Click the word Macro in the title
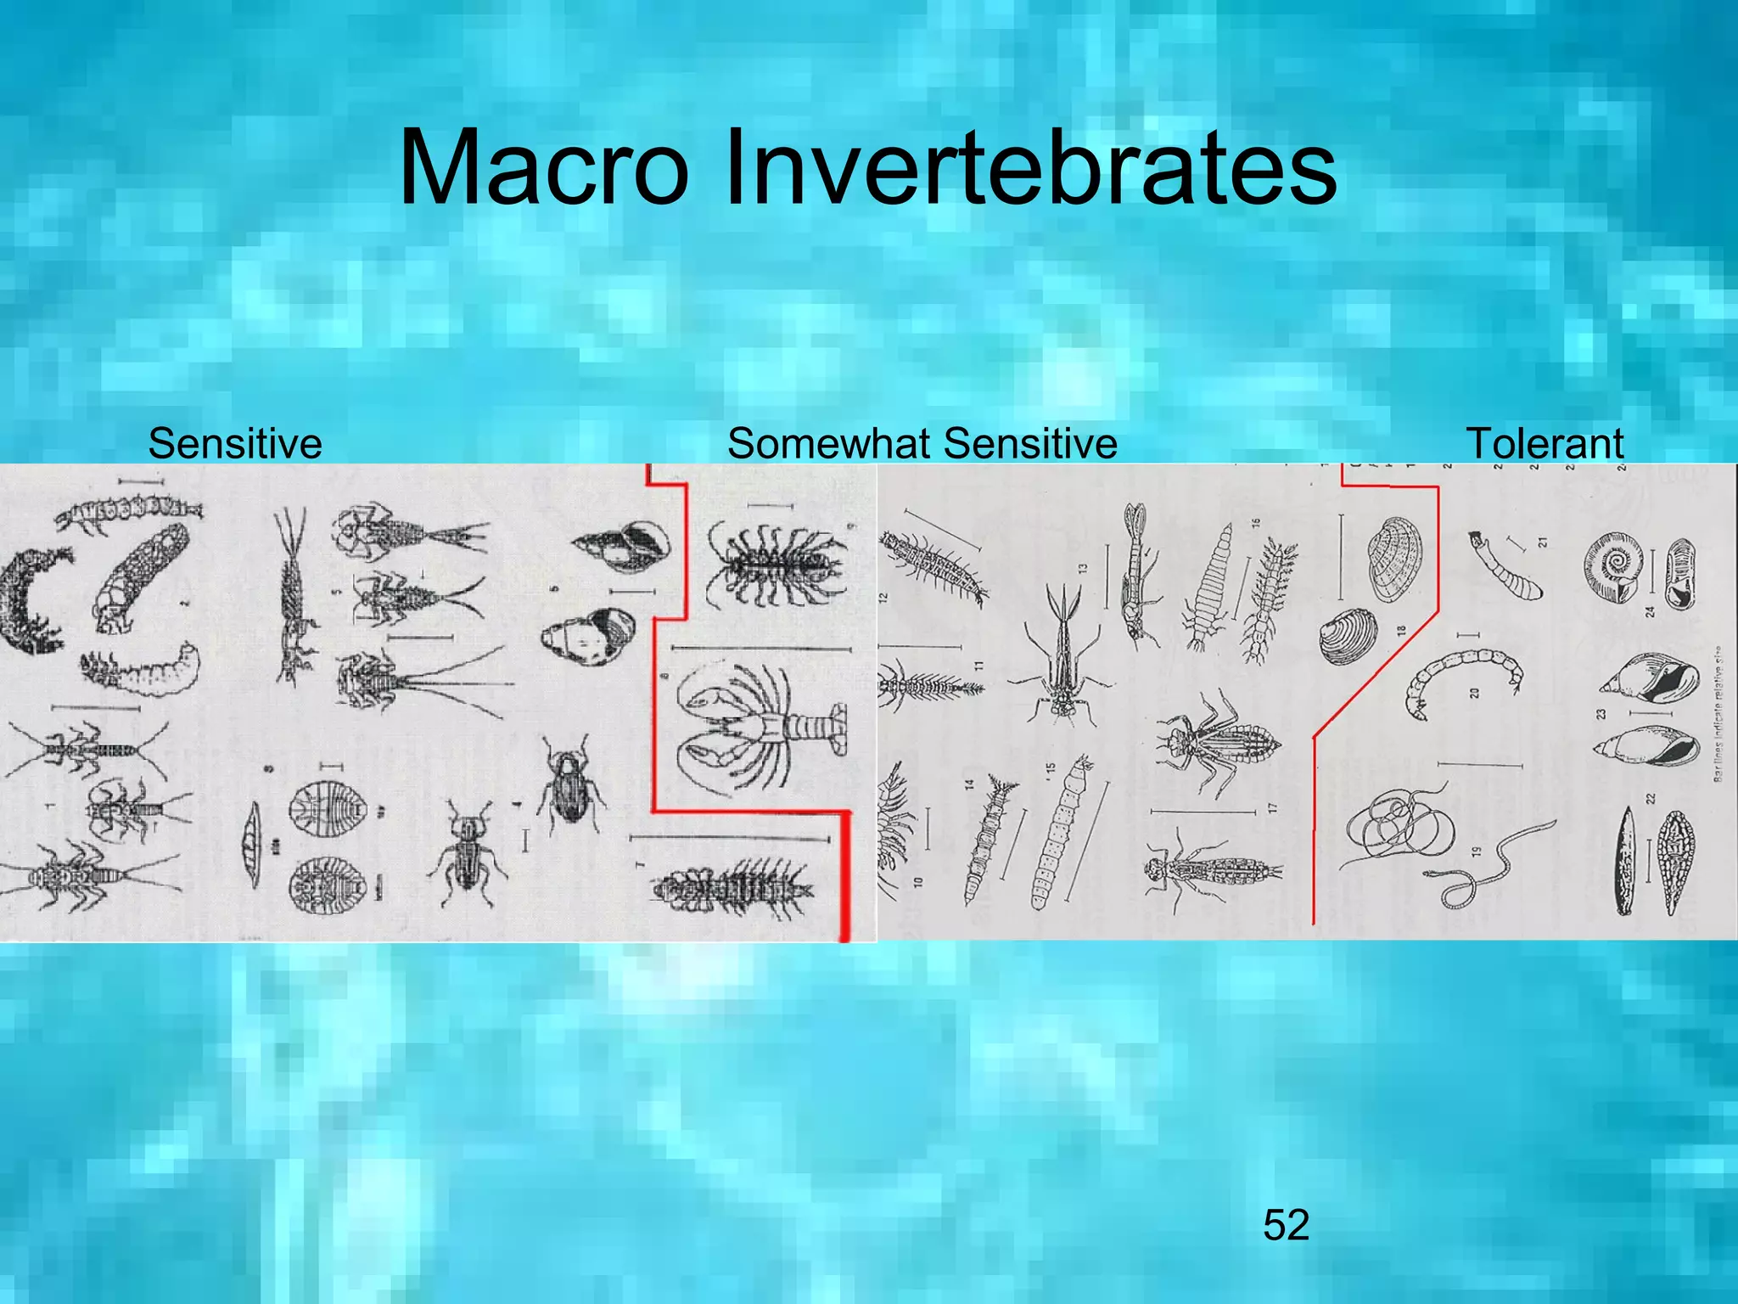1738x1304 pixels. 543,167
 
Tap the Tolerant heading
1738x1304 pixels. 1545,443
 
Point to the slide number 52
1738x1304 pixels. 1286,1225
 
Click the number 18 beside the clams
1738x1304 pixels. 1402,631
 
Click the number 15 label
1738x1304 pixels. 1051,768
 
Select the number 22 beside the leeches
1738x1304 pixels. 1651,799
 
